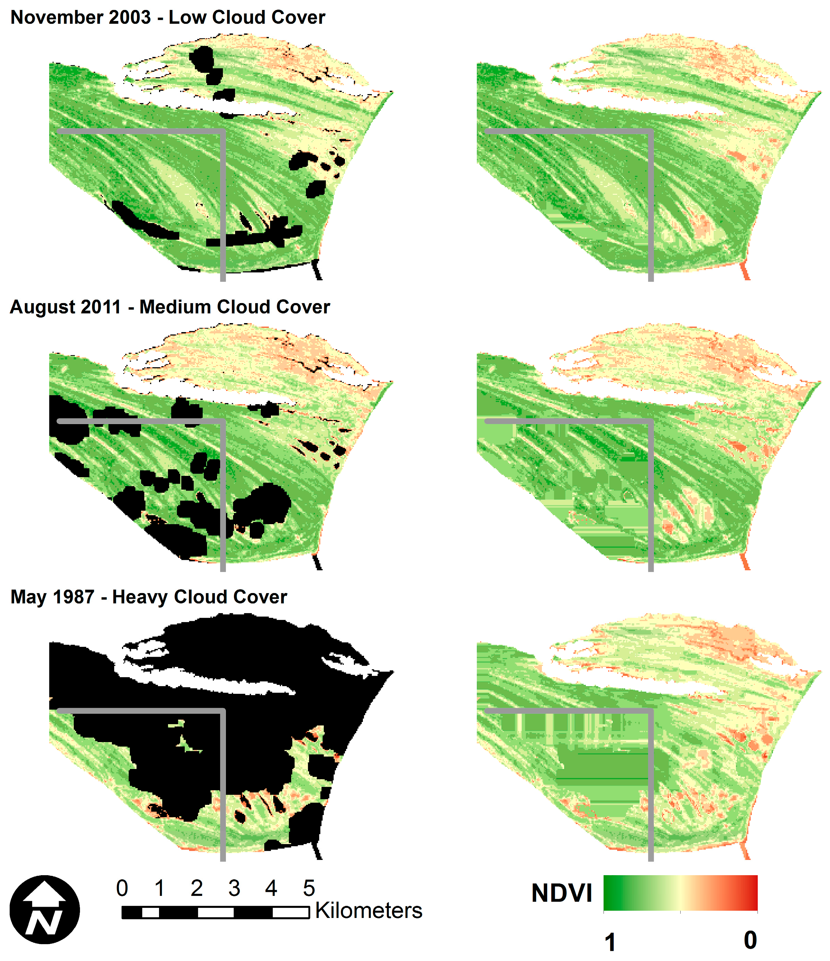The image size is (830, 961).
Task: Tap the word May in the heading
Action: pos(27,597)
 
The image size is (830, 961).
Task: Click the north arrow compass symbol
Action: pos(45,910)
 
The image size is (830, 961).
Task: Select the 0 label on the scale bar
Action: pos(122,888)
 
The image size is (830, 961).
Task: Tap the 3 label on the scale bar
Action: pos(234,888)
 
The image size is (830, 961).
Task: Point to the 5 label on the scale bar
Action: pos(309,888)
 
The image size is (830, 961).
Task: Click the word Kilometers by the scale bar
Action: pos(369,910)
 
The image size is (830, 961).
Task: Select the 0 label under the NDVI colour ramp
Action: pos(750,940)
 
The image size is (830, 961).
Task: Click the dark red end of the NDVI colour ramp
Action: pos(752,893)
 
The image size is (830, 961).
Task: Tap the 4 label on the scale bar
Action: pos(271,888)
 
